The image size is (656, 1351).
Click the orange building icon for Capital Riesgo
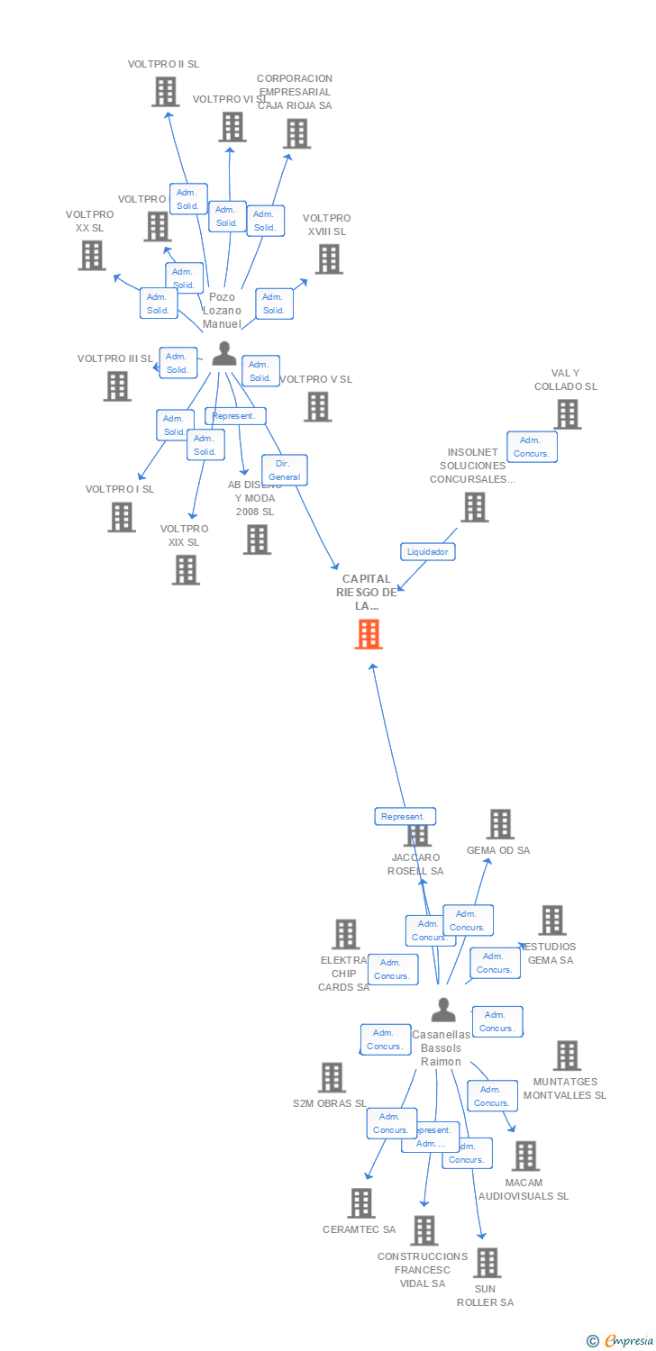click(369, 634)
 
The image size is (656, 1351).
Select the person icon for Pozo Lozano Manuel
click(224, 354)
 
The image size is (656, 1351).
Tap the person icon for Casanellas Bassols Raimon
click(442, 1011)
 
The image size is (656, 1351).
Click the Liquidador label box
click(427, 551)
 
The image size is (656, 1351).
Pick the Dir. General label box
click(285, 470)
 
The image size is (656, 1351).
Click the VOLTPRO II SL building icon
click(165, 92)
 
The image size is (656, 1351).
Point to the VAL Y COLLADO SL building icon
click(567, 414)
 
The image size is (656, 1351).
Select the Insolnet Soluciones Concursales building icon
click(474, 507)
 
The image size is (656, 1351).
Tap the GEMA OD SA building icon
click(500, 823)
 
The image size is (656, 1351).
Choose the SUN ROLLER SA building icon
click(487, 1263)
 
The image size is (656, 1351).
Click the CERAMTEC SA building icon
click(360, 1203)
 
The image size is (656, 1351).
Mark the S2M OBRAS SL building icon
click(332, 1077)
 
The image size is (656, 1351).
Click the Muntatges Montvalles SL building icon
click(567, 1056)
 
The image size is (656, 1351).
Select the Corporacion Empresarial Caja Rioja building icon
click(296, 133)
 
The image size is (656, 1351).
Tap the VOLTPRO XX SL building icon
click(92, 256)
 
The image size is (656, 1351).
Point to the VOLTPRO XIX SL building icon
click(186, 570)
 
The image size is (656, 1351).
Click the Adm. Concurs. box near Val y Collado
click(532, 447)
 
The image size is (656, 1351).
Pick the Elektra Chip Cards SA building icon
click(345, 935)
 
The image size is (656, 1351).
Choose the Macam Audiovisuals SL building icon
click(525, 1156)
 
